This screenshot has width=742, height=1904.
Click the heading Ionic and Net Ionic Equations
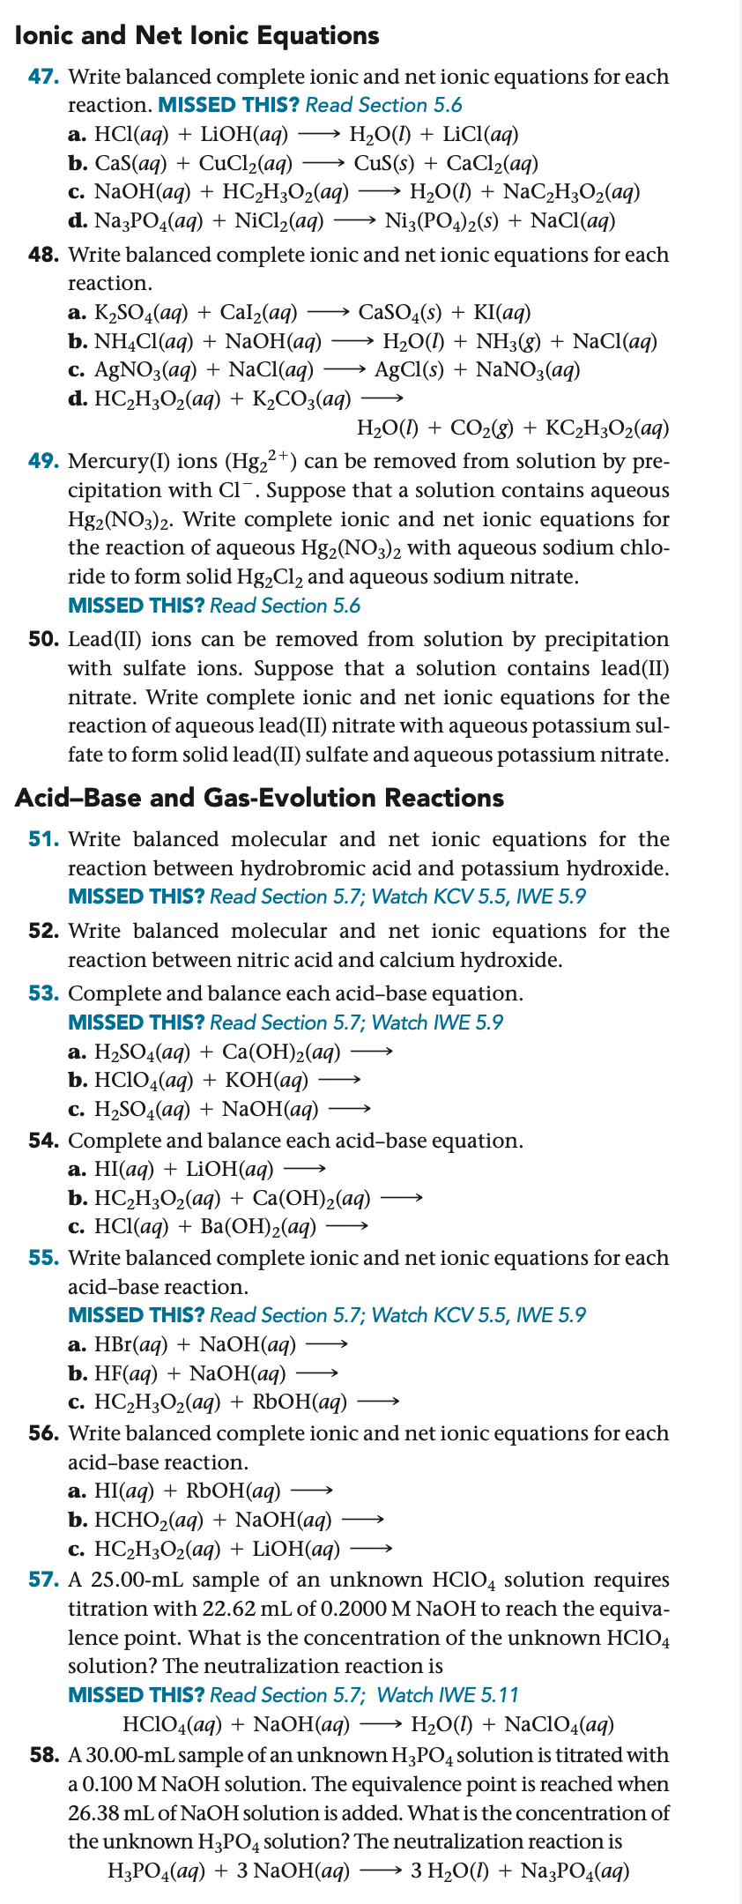click(x=197, y=35)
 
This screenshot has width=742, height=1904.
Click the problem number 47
click(x=43, y=77)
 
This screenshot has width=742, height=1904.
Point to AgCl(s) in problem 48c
click(x=409, y=369)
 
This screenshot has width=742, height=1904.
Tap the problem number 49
click(x=43, y=461)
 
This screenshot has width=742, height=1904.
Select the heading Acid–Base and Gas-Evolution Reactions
click(x=259, y=798)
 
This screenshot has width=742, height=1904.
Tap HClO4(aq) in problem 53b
click(x=143, y=1080)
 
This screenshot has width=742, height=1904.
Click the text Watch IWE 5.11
click(x=448, y=1695)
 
